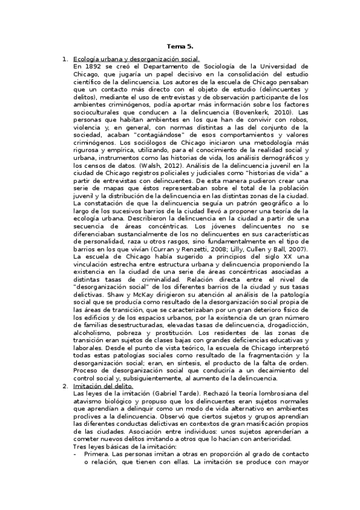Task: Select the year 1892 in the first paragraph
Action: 93,66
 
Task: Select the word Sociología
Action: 222,66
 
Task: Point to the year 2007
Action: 295,249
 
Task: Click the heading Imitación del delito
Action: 99,386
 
